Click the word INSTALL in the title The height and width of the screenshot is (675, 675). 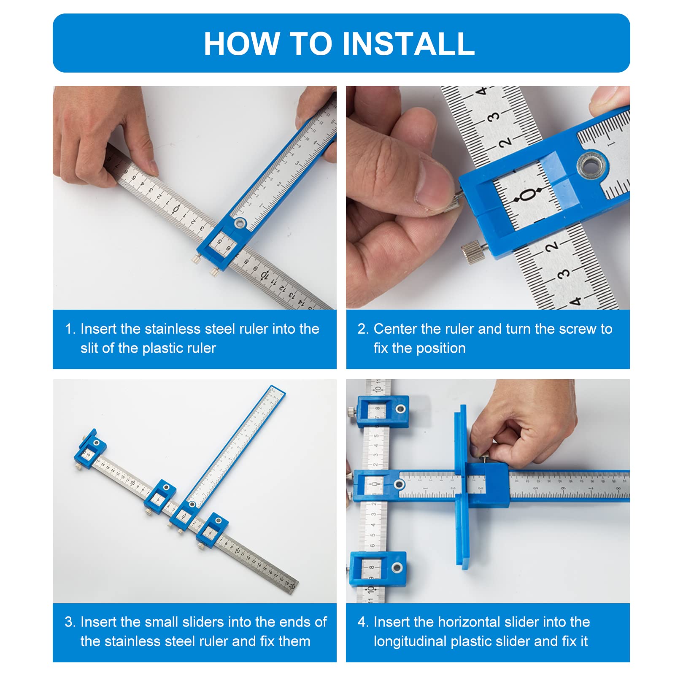pyautogui.click(x=408, y=44)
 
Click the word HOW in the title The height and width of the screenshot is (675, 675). pyautogui.click(x=242, y=44)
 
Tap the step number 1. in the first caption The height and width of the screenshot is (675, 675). pyautogui.click(x=70, y=329)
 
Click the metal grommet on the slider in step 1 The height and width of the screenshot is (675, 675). pyautogui.click(x=240, y=223)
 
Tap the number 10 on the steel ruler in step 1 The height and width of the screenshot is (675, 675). pyautogui.click(x=265, y=275)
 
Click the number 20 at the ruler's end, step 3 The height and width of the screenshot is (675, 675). pyautogui.click(x=292, y=586)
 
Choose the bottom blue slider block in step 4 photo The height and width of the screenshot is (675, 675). pyautogui.click(x=378, y=568)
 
